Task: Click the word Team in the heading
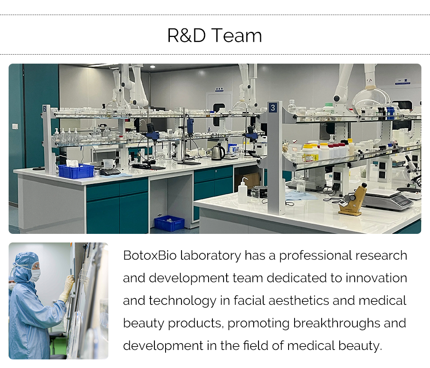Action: click(236, 35)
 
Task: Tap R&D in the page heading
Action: click(187, 35)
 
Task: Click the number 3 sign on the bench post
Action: click(273, 108)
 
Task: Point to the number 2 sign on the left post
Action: click(45, 109)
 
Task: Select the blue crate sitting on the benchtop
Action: click(76, 171)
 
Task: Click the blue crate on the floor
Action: click(169, 223)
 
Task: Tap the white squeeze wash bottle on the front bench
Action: click(243, 190)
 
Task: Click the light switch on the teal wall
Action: click(15, 126)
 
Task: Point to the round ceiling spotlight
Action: click(153, 67)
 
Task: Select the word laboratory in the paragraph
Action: click(210, 256)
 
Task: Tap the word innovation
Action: click(376, 278)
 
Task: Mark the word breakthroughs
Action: click(337, 323)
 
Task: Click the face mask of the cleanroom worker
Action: click(35, 275)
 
